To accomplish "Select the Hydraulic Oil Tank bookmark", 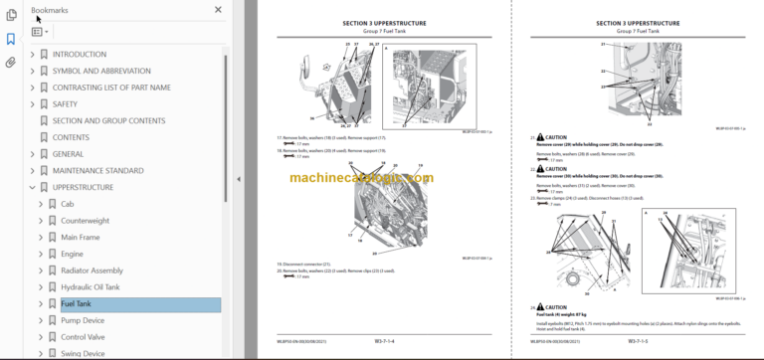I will coord(90,287).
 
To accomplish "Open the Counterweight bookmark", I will coord(85,221).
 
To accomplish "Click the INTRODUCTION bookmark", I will coord(79,54).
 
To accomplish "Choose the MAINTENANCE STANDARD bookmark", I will coord(97,170).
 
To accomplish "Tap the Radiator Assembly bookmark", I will coord(92,270).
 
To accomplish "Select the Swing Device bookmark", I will coord(83,353).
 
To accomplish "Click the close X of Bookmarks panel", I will coord(218,10).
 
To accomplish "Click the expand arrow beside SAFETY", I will coord(32,103).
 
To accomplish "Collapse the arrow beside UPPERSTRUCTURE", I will coord(32,187).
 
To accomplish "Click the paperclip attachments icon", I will coord(11,62).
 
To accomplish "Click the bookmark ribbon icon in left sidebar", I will coord(11,39).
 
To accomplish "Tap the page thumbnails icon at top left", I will coord(11,15).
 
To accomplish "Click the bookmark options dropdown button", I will coord(40,32).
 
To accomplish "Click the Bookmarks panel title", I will coord(52,10).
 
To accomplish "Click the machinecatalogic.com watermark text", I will coord(361,178).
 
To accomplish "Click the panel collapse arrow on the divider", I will coord(238,179).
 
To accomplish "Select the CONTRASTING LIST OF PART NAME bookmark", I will coord(111,87).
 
